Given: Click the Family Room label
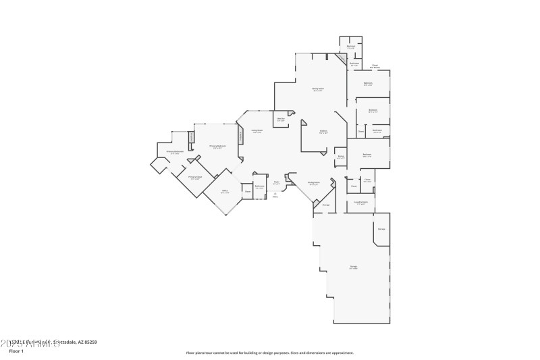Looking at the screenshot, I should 318,89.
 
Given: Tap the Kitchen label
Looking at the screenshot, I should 323,132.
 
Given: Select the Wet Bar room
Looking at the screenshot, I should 281,120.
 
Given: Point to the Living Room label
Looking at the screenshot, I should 256,131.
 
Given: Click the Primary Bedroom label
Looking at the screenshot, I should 217,147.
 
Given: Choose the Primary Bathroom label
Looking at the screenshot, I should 175,153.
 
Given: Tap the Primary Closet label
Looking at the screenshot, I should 195,178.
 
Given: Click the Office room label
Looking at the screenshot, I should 225,191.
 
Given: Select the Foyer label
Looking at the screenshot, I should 276,182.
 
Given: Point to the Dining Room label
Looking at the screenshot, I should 313,183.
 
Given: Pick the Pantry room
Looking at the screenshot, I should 341,157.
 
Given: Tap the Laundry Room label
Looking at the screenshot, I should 361,202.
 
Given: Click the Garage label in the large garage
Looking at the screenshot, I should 353,267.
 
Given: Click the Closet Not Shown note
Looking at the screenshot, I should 375,67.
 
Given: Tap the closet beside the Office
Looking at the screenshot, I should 248,192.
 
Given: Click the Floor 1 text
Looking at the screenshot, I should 16,351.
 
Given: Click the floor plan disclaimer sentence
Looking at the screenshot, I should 269,353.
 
